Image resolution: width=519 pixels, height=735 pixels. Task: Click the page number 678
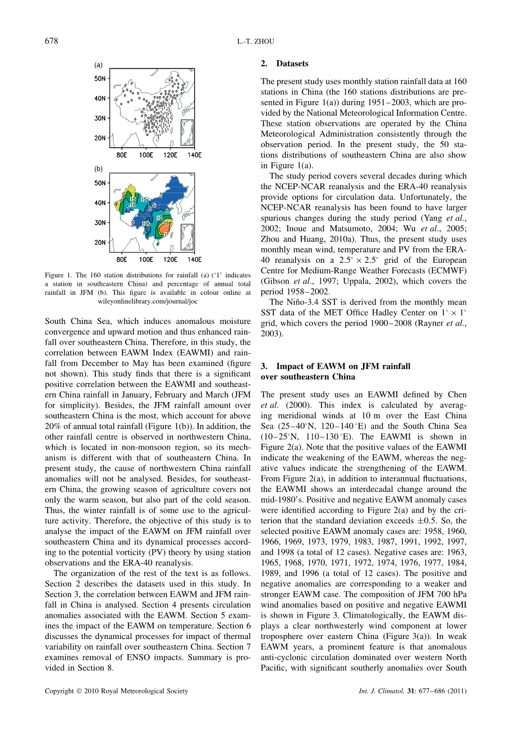coord(51,40)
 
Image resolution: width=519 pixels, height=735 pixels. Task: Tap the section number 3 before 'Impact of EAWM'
coord(264,366)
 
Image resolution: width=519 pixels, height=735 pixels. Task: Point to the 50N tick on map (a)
coord(100,79)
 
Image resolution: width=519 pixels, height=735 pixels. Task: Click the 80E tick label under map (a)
coord(122,155)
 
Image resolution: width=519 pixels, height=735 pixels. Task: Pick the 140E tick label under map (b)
coord(194,260)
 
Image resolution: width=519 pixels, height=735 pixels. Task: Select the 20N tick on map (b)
coord(100,243)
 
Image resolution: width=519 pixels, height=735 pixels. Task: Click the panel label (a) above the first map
coord(98,65)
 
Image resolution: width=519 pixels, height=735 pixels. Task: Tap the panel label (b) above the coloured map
coord(98,168)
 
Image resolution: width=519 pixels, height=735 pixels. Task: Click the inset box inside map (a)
coord(187,133)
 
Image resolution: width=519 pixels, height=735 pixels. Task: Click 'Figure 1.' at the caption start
coord(58,275)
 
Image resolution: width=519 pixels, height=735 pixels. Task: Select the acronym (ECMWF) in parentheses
coord(447,271)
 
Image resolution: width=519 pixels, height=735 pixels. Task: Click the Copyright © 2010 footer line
coord(117,691)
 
